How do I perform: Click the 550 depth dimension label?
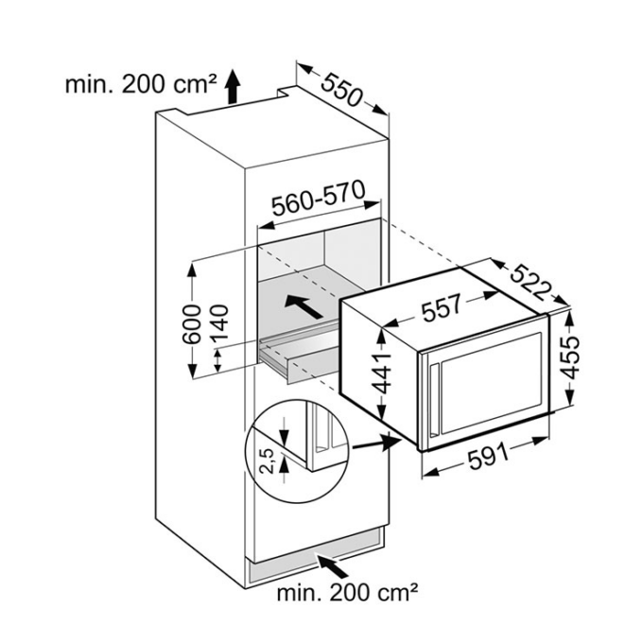[x=341, y=90]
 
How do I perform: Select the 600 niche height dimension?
[x=192, y=323]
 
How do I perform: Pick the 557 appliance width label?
[x=443, y=306]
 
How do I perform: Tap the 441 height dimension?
[x=386, y=374]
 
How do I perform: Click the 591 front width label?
[x=488, y=457]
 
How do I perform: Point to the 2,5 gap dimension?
[x=267, y=461]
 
